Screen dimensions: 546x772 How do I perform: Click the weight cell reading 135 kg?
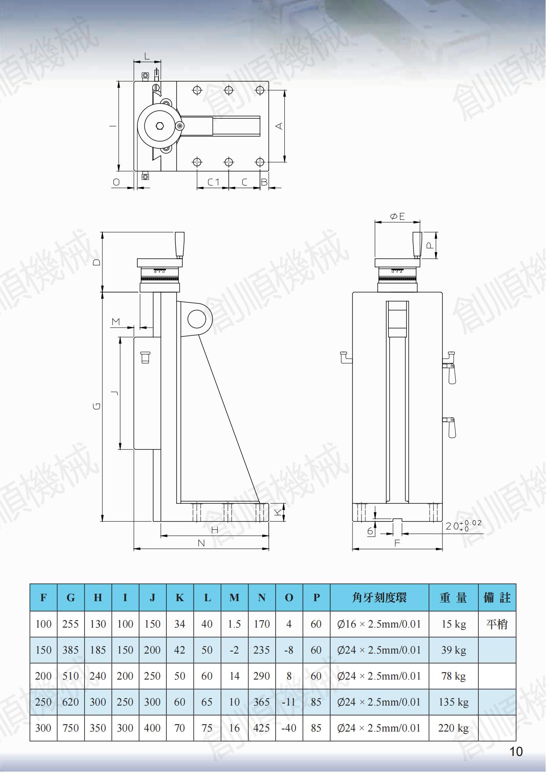coord(453,702)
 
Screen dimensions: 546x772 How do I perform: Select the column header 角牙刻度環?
coord(379,597)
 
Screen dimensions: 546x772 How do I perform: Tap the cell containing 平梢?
coord(497,624)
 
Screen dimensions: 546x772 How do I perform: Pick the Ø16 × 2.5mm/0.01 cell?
coord(379,624)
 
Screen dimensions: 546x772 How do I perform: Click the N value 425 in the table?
coord(262,728)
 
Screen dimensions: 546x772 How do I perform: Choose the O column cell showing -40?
coord(289,728)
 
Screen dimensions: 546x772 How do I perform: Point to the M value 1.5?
coord(234,624)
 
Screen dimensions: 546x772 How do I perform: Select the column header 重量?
coord(453,597)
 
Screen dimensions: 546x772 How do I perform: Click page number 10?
coord(516,752)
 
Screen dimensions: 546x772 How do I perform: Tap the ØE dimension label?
coord(397,216)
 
